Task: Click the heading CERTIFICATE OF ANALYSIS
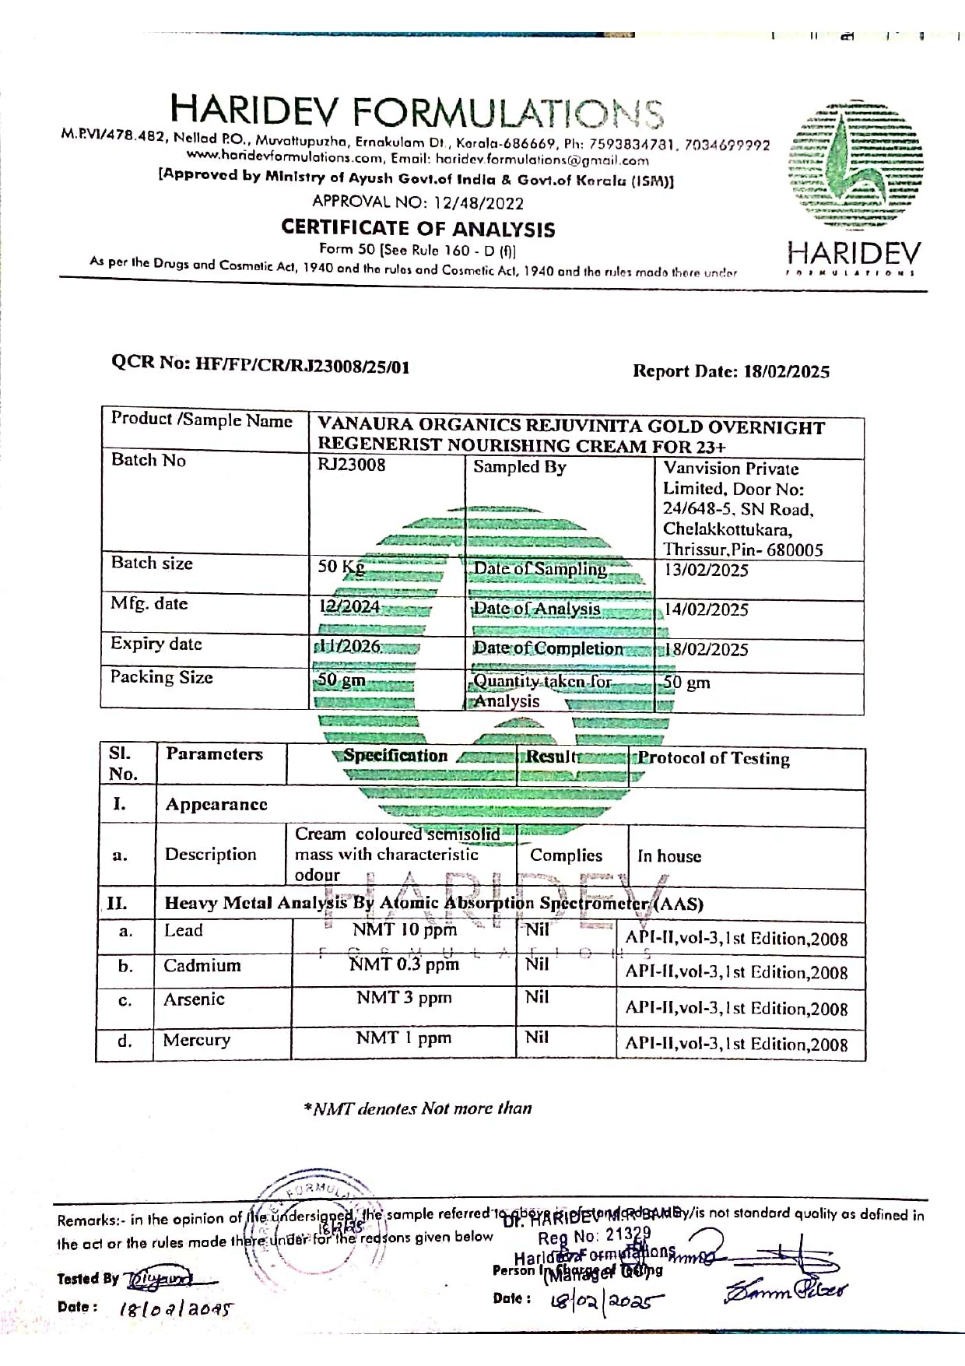coord(418,228)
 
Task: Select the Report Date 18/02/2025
coord(786,371)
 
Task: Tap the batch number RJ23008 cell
coord(351,465)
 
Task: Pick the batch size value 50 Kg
coord(341,567)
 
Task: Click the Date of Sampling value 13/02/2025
coord(706,571)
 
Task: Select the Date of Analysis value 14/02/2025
coord(706,610)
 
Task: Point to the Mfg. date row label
coord(149,604)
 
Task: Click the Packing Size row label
coord(161,677)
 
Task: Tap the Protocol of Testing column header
coord(714,759)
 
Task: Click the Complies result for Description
coord(566,855)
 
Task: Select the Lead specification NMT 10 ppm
coord(404,930)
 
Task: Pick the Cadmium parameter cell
coord(202,966)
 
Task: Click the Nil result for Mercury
coord(537,1038)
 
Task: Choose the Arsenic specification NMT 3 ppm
coord(404,998)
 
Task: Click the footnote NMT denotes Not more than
coord(418,1108)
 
